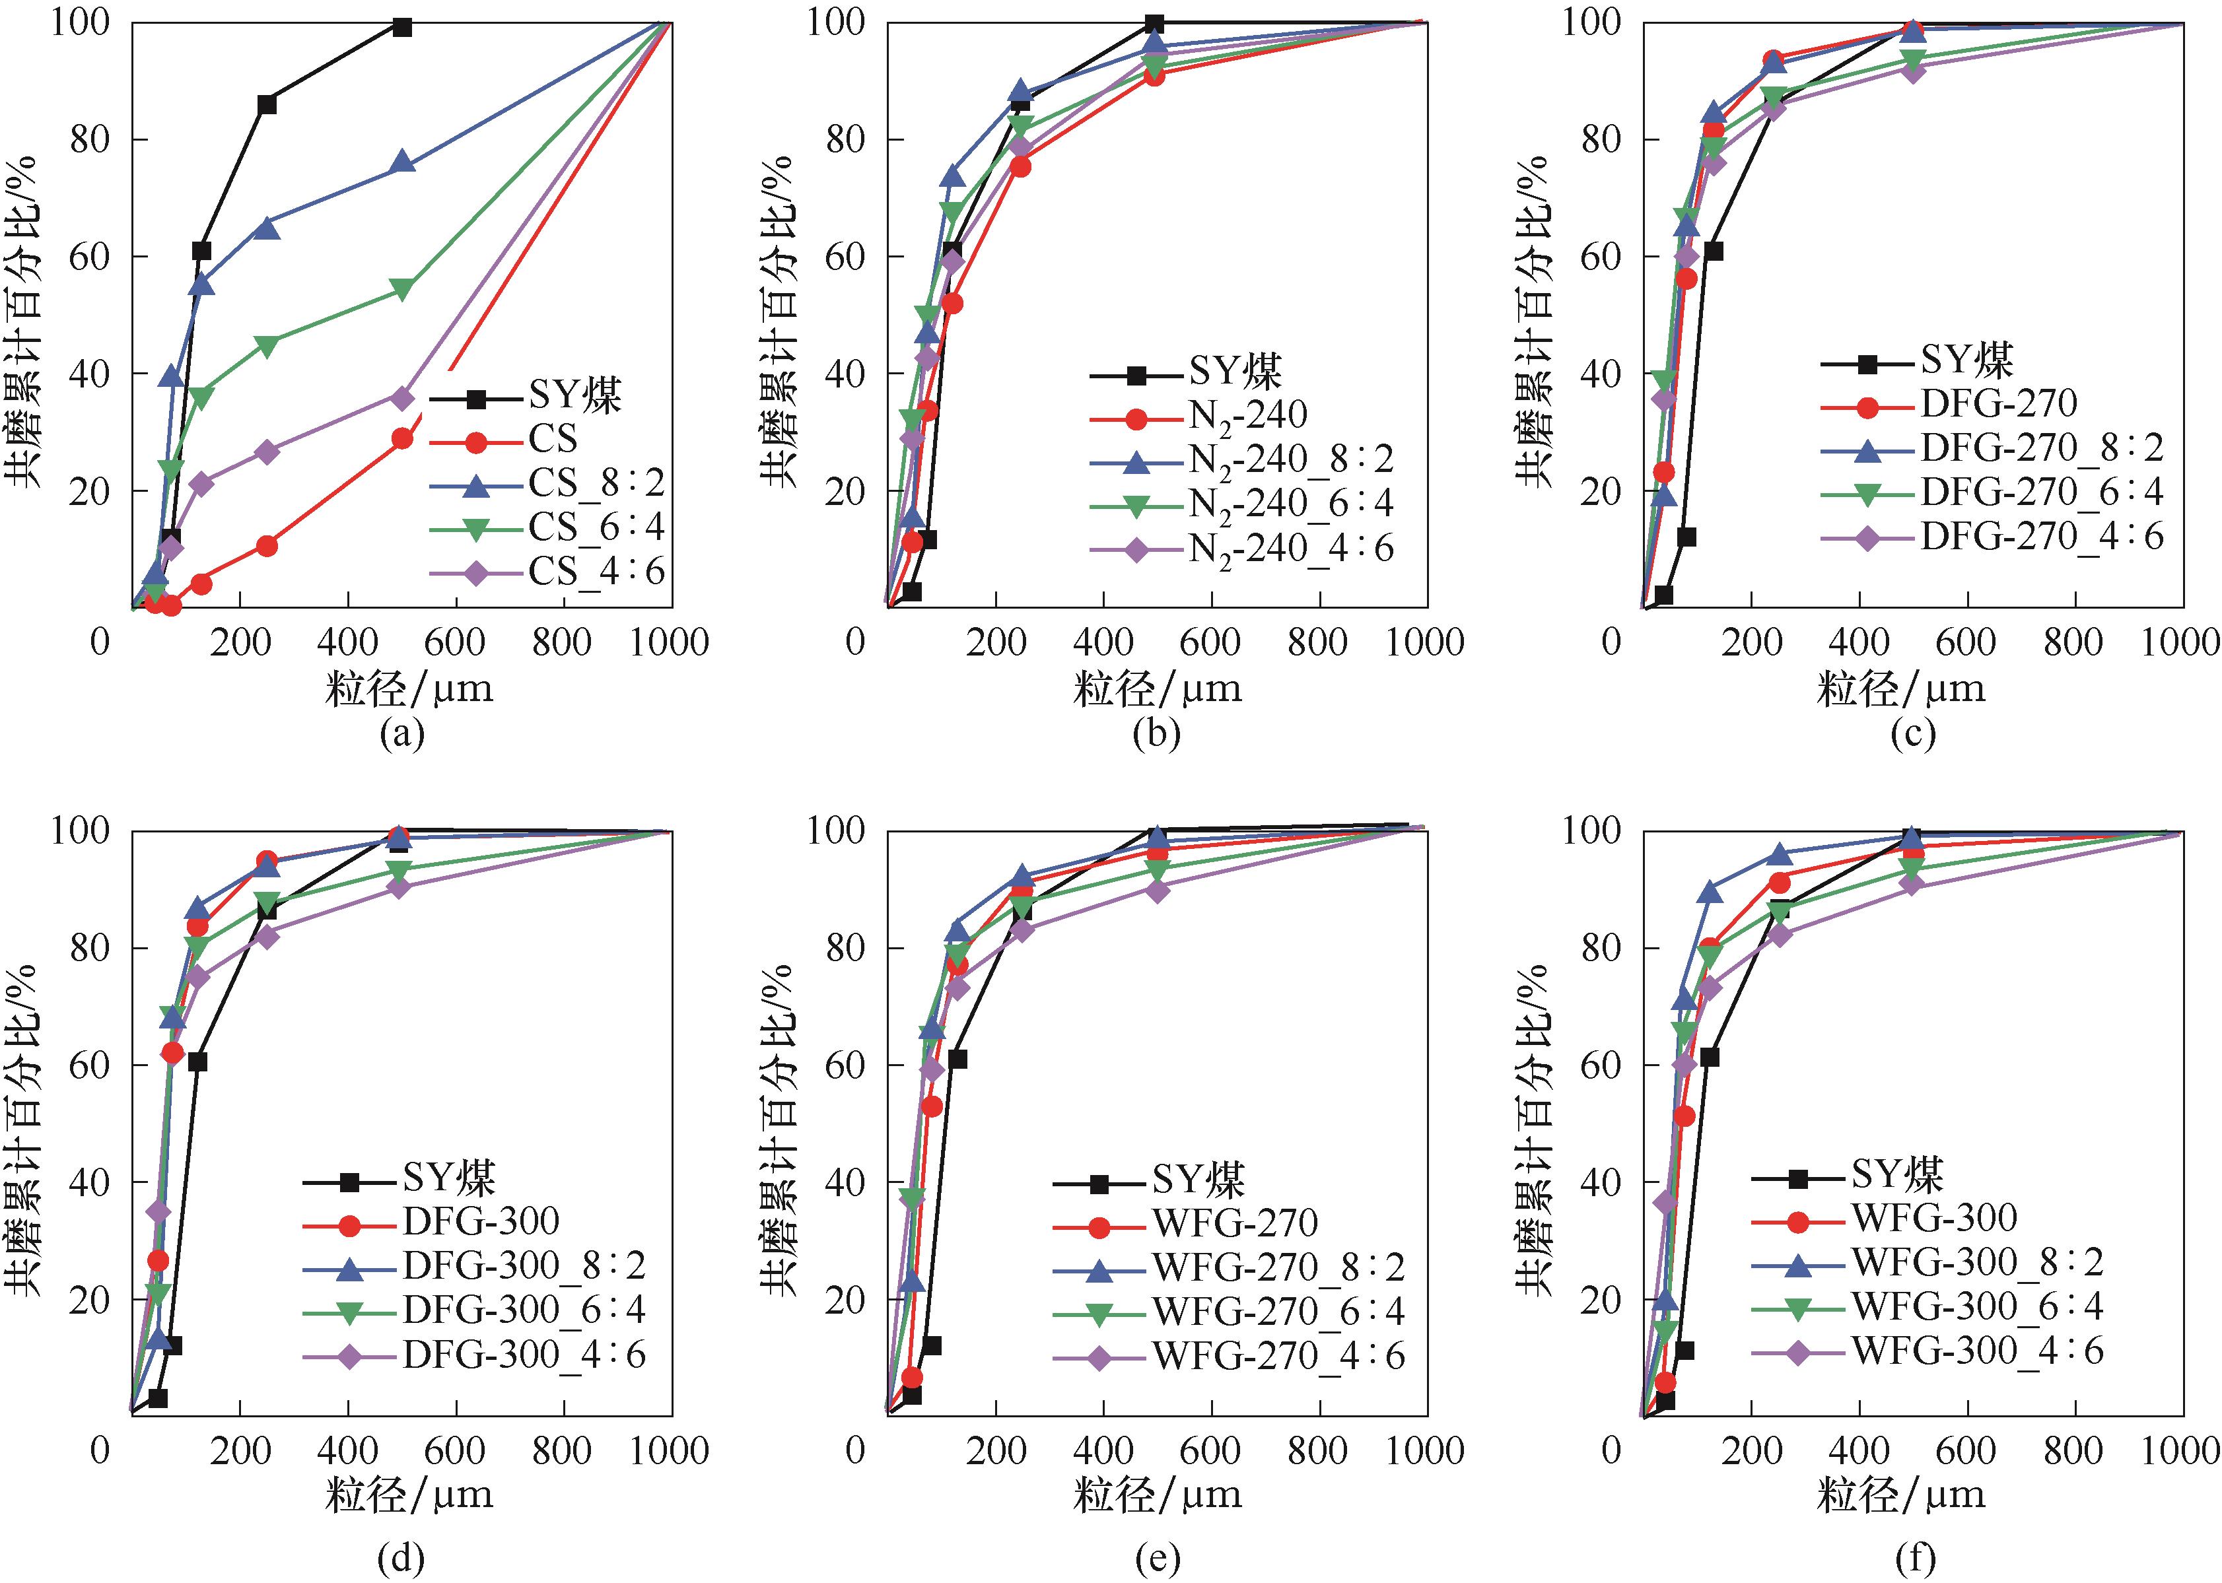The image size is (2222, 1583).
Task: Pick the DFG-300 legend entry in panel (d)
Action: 481,1221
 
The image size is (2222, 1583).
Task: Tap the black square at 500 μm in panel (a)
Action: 401,27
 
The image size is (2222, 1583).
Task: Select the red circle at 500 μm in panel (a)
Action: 401,438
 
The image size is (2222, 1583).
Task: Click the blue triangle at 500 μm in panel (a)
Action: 401,163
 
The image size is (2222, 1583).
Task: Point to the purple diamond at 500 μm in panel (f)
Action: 1911,884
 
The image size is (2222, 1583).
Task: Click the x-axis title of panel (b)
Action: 1158,690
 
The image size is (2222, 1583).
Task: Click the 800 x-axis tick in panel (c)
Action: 2073,642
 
